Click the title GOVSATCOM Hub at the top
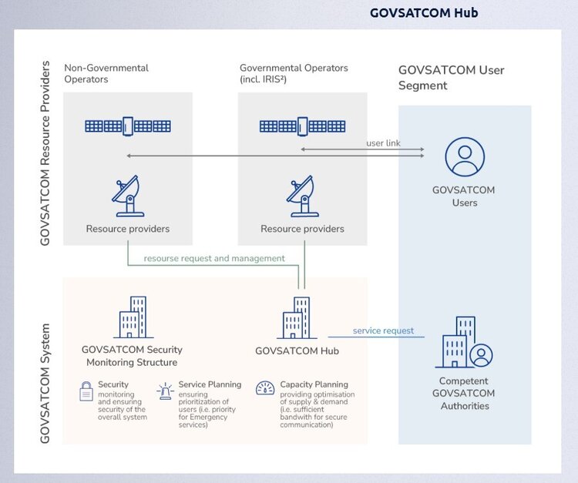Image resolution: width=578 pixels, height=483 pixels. pyautogui.click(x=423, y=12)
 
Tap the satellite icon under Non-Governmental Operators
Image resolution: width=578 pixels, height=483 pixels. pyautogui.click(x=128, y=126)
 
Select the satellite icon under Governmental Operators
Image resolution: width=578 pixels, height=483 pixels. pyautogui.click(x=302, y=126)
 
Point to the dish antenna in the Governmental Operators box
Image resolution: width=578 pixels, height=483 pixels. pyautogui.click(x=302, y=196)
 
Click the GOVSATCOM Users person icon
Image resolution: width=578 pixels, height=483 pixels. pyautogui.click(x=465, y=156)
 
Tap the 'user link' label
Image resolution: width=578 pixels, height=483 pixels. pyautogui.click(x=383, y=143)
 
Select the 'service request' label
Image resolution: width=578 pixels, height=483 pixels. pyautogui.click(x=383, y=330)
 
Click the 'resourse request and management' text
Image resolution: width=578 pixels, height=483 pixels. pyautogui.click(x=214, y=258)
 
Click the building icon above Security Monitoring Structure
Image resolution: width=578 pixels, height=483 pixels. pyautogui.click(x=132, y=318)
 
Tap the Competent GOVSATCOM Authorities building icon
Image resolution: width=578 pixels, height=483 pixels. pyautogui.click(x=465, y=343)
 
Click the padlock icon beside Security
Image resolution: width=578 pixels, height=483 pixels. pyautogui.click(x=86, y=391)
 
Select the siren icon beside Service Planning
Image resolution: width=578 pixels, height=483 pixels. pyautogui.click(x=165, y=391)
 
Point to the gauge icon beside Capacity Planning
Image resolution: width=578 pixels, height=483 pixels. pyautogui.click(x=265, y=388)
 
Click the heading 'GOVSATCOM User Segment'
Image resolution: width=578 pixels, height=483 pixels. pyautogui.click(x=451, y=78)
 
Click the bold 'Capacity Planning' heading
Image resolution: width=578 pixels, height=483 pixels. pyautogui.click(x=314, y=384)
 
